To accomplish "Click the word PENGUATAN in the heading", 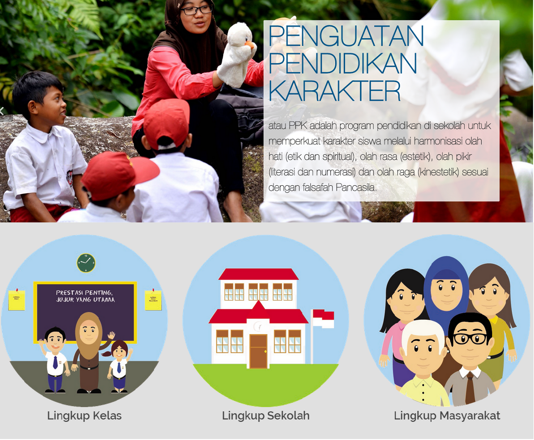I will coord(346,36).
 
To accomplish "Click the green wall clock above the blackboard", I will coord(86,263).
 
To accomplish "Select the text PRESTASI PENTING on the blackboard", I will coord(84,292).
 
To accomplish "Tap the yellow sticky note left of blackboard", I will coord(17,300).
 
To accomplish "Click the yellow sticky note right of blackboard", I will coord(153,300).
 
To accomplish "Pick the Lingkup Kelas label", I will coord(84,416).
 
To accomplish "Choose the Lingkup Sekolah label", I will coord(266,416).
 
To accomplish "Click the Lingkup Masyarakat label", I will coord(447,416).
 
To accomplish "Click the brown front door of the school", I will coord(258,351).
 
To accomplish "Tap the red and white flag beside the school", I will coord(323,319).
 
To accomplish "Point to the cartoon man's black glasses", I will coord(470,338).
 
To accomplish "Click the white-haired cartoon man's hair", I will coord(422,329).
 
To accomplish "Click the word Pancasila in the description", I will coord(356,187).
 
